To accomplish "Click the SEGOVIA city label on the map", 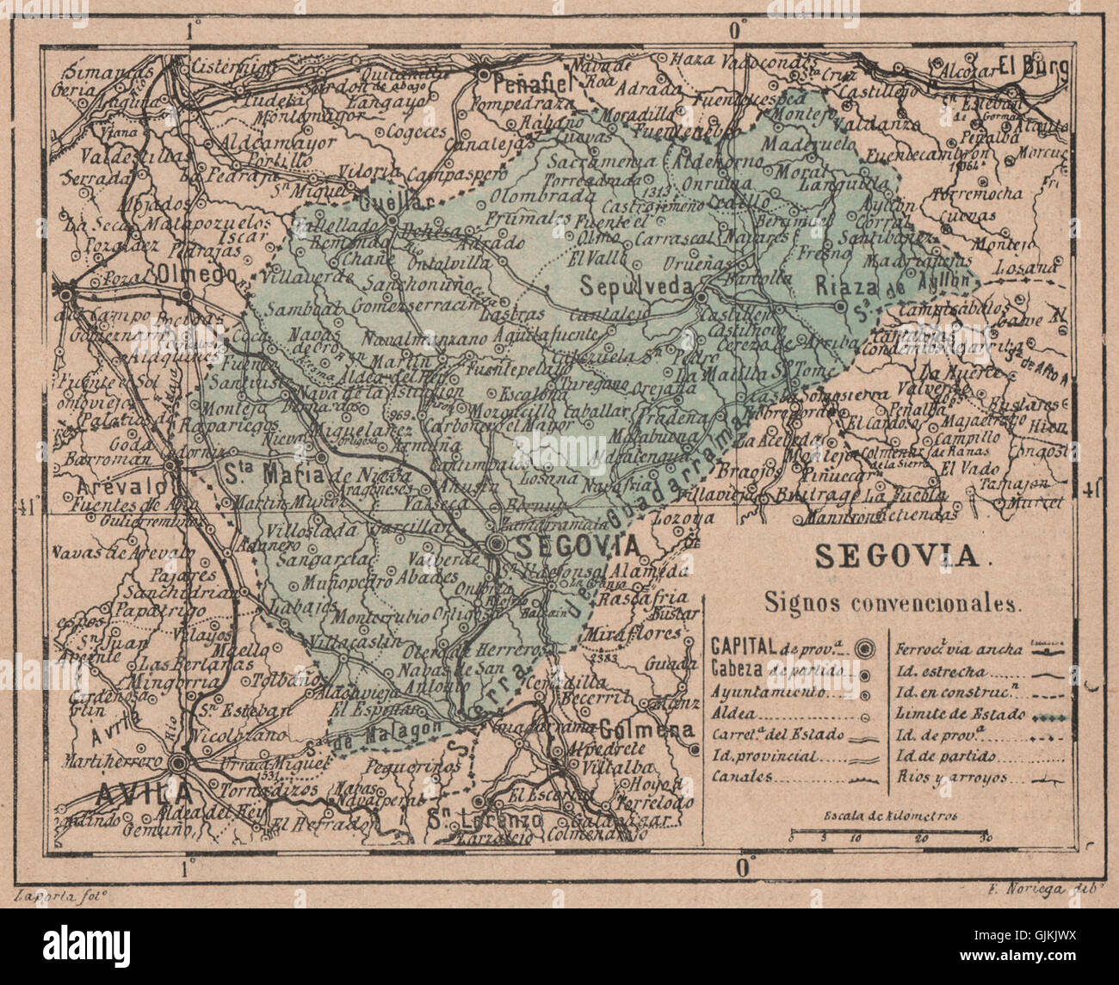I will (578, 545).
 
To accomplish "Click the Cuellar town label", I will (383, 205).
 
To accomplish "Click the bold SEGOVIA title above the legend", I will (897, 557).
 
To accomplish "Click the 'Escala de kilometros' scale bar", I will (891, 834).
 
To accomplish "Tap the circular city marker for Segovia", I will (498, 544).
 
